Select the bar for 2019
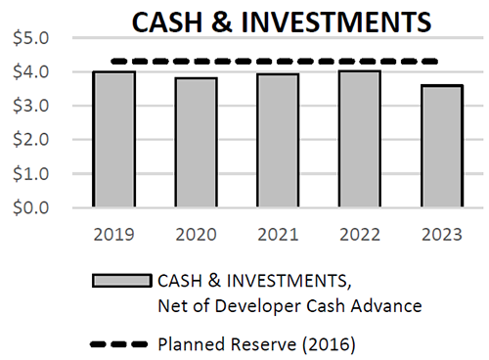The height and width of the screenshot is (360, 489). pos(113,140)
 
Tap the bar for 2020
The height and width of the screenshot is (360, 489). pos(195,143)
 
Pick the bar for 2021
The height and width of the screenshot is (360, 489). pos(276,141)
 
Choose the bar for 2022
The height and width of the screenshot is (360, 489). pos(357,139)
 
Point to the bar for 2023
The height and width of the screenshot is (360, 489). pos(438,147)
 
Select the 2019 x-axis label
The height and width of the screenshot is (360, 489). pos(113,235)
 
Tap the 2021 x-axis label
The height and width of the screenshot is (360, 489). pos(276,235)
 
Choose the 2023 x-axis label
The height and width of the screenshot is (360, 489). pos(438,235)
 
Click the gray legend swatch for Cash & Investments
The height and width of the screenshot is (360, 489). pos(120,281)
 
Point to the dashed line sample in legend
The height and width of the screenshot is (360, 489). pos(120,344)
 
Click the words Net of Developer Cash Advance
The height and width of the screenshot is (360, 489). pos(289,306)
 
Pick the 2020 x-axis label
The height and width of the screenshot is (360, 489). pos(195,235)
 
